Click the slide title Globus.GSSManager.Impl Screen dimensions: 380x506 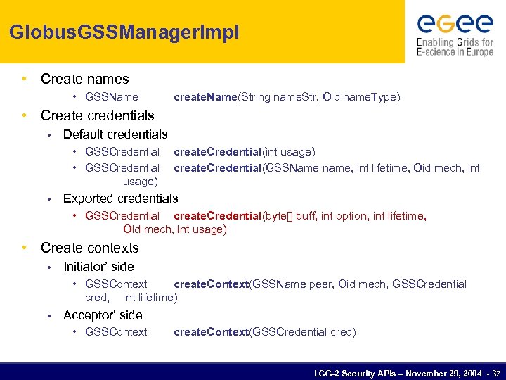tap(124, 32)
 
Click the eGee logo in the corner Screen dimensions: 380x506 tap(455, 23)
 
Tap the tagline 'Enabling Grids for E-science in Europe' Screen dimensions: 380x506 tap(455, 46)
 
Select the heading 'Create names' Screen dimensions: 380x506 tap(84, 79)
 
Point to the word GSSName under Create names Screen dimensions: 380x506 tap(111, 97)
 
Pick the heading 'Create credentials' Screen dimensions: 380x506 tap(97, 115)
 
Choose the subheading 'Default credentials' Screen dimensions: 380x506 tap(115, 134)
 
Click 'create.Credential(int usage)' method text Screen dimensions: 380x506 tap(244, 151)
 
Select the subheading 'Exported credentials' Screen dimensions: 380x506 tap(120, 198)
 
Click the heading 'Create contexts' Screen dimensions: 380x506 tap(89, 248)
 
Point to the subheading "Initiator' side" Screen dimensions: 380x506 tap(98, 267)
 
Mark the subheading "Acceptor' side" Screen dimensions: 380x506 tap(103, 315)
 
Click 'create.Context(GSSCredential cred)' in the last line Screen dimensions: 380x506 tap(264, 332)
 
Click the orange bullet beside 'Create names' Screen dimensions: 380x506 tap(25, 79)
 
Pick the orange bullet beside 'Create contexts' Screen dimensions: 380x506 tap(25, 248)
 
